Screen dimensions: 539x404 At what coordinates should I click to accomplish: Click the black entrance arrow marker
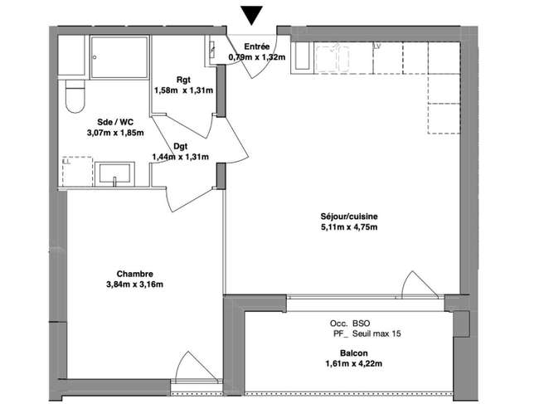click(x=251, y=15)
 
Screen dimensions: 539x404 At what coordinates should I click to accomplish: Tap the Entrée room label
click(x=257, y=46)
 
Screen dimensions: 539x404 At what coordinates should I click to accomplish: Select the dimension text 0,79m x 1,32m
click(x=257, y=57)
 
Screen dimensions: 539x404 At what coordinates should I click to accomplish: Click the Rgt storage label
click(x=183, y=80)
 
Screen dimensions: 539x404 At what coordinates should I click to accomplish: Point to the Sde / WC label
click(x=115, y=122)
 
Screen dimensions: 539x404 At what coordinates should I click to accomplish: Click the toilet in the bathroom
click(x=75, y=96)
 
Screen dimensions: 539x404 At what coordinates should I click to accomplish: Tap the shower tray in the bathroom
click(x=119, y=57)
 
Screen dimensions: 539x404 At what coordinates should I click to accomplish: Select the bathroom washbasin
click(x=114, y=174)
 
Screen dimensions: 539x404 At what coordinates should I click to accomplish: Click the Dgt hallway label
click(x=181, y=147)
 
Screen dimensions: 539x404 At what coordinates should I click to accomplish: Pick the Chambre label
click(x=134, y=274)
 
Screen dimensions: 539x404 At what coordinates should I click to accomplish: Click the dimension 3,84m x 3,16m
click(x=134, y=285)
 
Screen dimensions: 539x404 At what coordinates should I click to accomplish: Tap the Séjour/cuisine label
click(x=349, y=217)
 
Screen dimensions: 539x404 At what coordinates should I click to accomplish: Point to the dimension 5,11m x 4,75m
click(x=349, y=227)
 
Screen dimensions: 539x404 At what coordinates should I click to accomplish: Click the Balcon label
click(x=354, y=353)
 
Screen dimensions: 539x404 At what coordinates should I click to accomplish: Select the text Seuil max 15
click(x=376, y=333)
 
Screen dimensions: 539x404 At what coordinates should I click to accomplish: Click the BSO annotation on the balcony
click(x=361, y=324)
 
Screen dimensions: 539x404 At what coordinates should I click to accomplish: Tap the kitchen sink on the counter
click(x=333, y=58)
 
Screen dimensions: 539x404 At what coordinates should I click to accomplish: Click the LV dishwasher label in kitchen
click(x=377, y=46)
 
